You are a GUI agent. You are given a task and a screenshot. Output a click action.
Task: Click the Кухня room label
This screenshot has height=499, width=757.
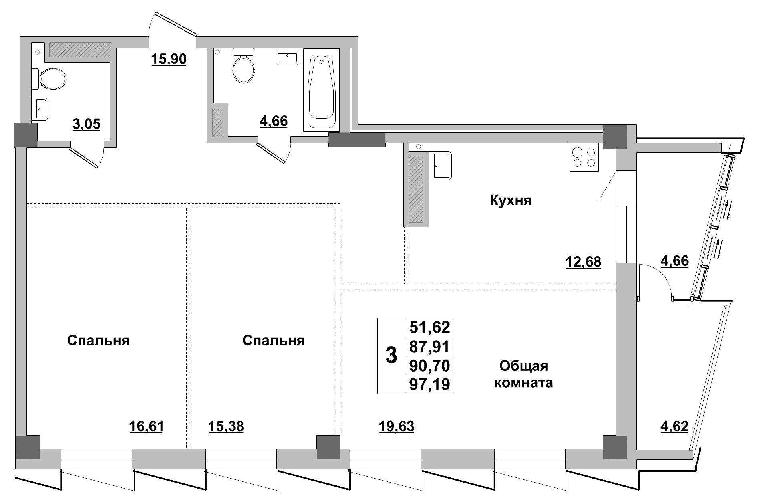point(511,200)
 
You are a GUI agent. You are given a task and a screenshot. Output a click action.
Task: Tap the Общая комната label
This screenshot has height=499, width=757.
point(524,374)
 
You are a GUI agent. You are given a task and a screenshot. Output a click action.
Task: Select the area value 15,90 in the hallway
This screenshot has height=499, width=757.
point(169,59)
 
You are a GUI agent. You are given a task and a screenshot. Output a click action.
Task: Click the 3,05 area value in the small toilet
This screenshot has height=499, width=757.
point(86,124)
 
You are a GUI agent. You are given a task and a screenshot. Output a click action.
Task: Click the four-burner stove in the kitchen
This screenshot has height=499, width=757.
point(584,158)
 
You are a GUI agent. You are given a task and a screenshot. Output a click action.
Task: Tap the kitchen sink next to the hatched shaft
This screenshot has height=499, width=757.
point(442,165)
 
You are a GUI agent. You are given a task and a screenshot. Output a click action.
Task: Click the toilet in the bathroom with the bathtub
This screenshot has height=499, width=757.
point(244,68)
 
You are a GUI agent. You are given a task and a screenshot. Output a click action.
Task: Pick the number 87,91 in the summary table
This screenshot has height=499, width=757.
point(430,347)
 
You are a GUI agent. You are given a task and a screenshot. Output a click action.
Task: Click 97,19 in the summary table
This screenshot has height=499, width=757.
point(430,384)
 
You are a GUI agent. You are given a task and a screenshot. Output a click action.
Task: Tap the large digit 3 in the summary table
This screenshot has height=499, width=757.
point(391,355)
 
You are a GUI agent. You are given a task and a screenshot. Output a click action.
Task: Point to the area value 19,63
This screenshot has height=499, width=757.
point(397,427)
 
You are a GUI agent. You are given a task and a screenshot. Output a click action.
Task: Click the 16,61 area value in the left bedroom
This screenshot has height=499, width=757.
point(147,427)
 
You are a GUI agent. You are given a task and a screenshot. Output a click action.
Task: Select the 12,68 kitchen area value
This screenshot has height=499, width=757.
point(583,262)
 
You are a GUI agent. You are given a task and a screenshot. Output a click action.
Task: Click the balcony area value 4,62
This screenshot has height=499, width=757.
point(674,427)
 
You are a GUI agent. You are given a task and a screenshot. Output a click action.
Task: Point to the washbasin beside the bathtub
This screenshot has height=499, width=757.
point(287,57)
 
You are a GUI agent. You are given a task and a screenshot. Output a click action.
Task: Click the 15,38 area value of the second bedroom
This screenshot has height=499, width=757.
point(226,427)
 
